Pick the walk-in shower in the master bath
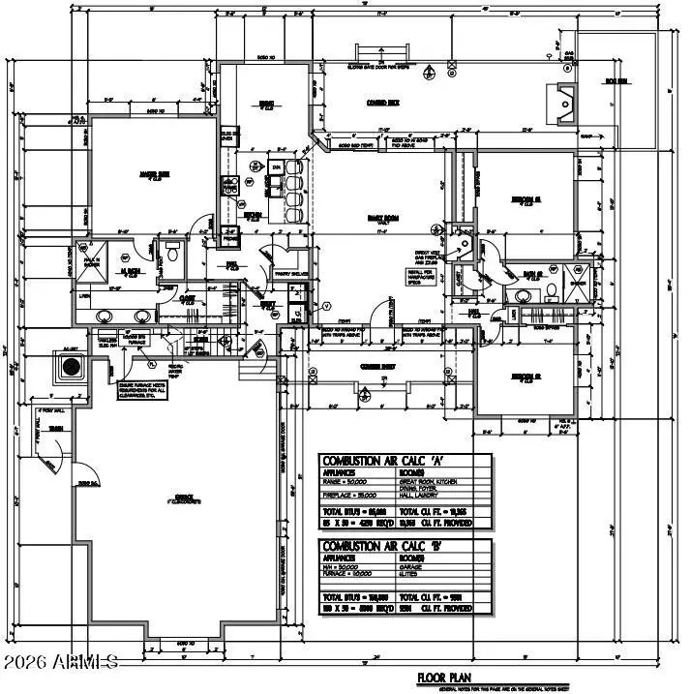(x=122, y=258)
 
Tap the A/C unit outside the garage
(x=71, y=367)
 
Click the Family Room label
(x=378, y=218)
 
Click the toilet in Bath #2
(x=550, y=289)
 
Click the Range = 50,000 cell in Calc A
(x=356, y=480)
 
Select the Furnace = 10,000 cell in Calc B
(x=356, y=573)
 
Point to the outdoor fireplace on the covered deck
(x=559, y=99)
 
